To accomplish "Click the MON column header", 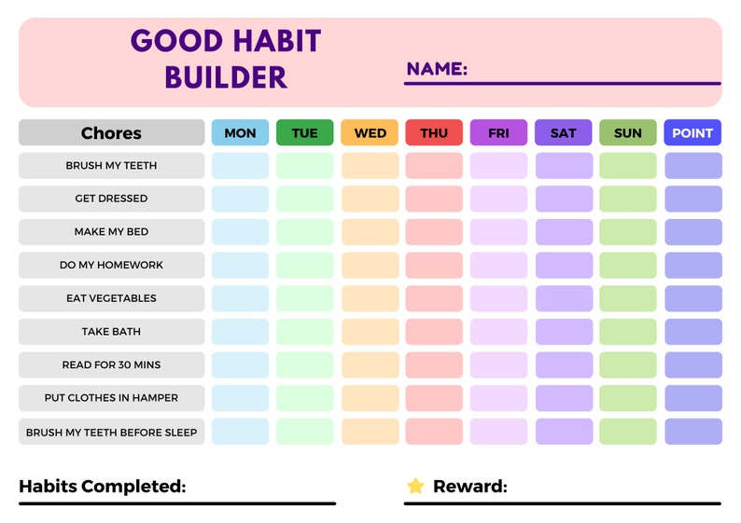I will (240, 132).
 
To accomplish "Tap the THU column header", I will (434, 132).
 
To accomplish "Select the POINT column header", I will (692, 132).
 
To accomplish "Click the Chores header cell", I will (111, 132).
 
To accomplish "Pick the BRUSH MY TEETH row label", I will (111, 166).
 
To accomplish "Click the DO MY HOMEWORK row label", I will (111, 265).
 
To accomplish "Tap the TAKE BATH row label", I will (111, 332).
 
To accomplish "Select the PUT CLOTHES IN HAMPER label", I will (111, 398).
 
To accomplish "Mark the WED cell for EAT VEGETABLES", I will (370, 298).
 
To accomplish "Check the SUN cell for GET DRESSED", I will (628, 199).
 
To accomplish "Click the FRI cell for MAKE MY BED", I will (498, 232).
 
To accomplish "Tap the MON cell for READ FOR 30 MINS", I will (240, 365).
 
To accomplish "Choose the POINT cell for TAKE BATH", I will (692, 332).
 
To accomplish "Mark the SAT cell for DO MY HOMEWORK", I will (564, 265).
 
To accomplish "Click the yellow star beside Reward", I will (415, 486).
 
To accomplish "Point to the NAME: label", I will (437, 69).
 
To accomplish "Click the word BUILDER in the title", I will (226, 76).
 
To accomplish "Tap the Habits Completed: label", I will (103, 486).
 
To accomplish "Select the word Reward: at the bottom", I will (470, 486).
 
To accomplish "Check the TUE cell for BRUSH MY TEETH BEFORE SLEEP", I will (304, 432).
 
